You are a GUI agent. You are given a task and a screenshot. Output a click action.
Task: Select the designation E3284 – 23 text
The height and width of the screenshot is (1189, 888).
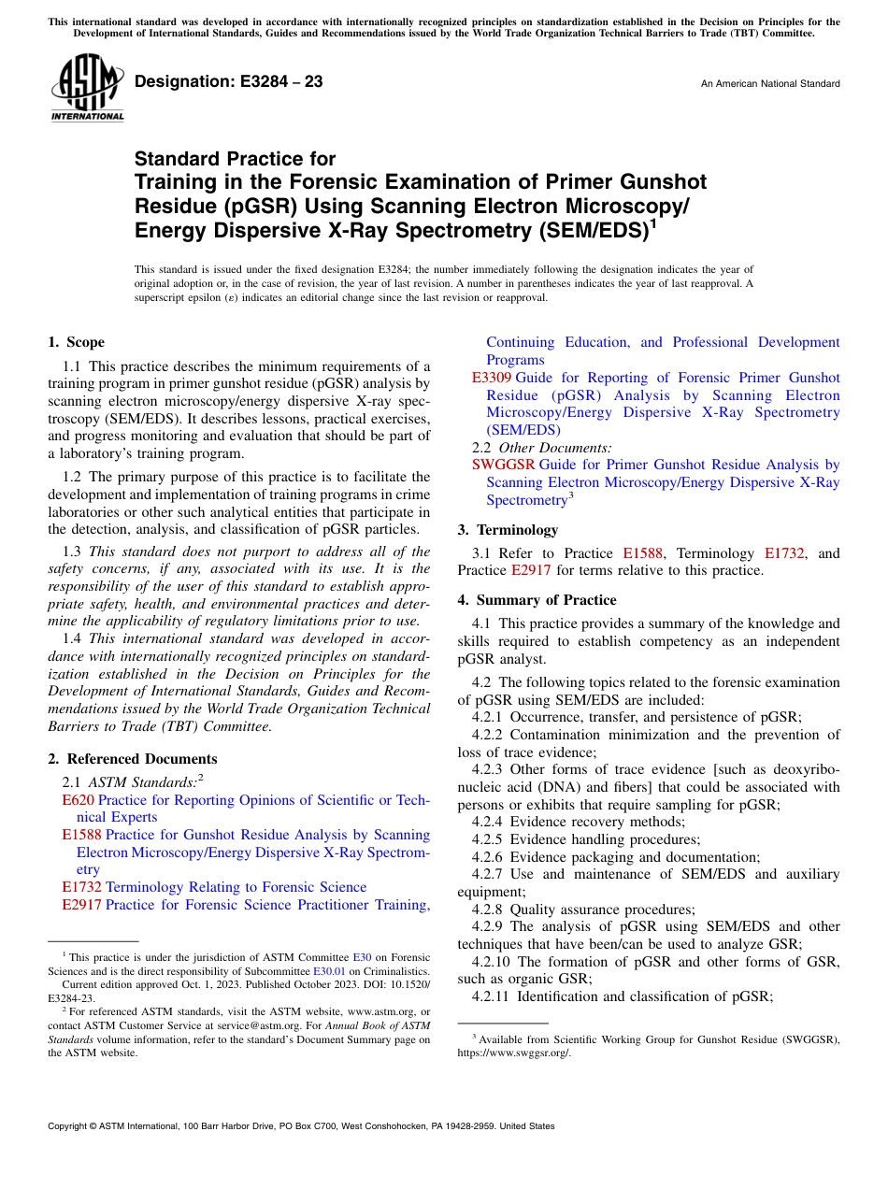pos(229,82)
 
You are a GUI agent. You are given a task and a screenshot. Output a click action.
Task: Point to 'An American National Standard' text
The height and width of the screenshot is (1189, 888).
pos(769,84)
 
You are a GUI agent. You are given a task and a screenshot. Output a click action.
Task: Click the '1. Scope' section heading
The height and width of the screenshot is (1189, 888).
pos(76,342)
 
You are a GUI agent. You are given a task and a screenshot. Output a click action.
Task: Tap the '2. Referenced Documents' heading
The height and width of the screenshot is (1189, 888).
pos(132,759)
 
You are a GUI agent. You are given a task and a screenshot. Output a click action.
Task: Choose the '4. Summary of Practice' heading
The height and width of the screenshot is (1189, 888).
pos(537,600)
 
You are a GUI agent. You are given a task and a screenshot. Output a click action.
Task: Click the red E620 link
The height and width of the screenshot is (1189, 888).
pos(78,800)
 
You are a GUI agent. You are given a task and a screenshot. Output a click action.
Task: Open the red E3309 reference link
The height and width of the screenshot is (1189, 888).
pos(491,378)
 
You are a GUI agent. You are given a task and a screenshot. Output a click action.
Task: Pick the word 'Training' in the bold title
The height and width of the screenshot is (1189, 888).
pos(171,181)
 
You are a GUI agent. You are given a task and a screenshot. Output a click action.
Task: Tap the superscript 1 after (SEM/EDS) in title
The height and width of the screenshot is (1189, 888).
pos(652,224)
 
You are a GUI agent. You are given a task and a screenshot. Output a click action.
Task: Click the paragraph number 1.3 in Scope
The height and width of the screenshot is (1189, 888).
pos(72,552)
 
